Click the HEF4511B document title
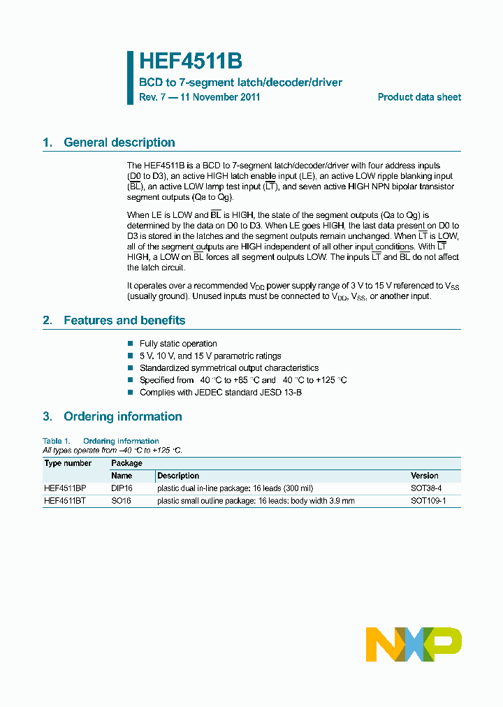coord(190,61)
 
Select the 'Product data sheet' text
coord(419,97)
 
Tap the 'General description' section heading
coord(119,143)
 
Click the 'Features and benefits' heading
coord(124,321)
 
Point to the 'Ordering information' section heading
coord(122,416)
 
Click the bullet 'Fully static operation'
coord(178,344)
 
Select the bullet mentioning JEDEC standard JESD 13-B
coord(220,393)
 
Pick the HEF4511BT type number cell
coord(65,500)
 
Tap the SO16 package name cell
coord(121,500)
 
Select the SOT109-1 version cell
coord(428,500)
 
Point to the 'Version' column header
coord(425,476)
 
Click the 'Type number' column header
coord(68,463)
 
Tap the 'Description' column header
coord(178,476)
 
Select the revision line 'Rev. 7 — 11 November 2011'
coord(200,97)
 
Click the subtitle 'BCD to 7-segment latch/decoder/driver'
coord(240,82)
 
